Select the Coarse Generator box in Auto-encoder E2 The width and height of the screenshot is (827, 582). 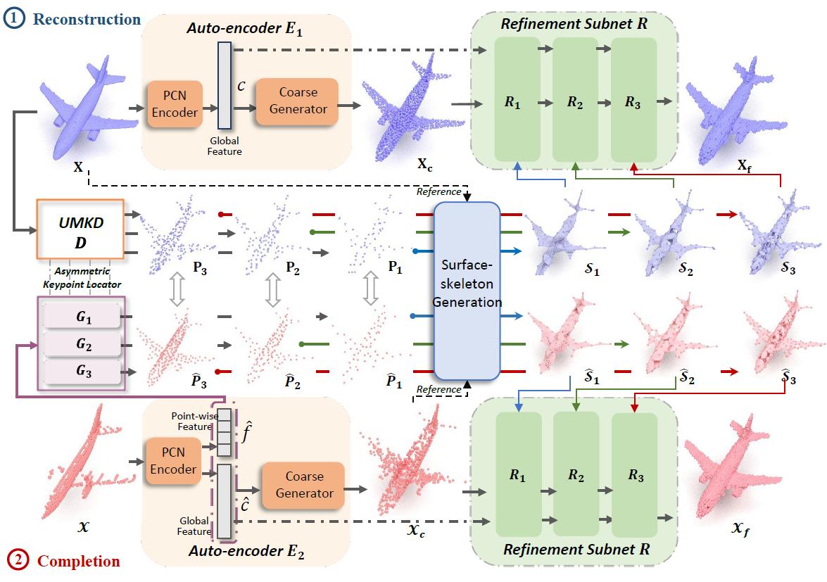[304, 486]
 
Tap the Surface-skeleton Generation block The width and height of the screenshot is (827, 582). [467, 290]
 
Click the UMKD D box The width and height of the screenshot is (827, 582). [80, 229]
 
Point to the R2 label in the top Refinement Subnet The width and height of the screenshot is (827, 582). [576, 101]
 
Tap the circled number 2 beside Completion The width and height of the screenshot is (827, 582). [18, 561]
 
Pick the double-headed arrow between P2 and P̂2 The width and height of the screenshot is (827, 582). [272, 288]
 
